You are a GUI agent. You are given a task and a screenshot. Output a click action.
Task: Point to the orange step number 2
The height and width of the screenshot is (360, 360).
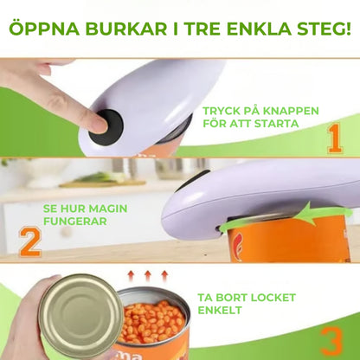pyautogui.click(x=29, y=241)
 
